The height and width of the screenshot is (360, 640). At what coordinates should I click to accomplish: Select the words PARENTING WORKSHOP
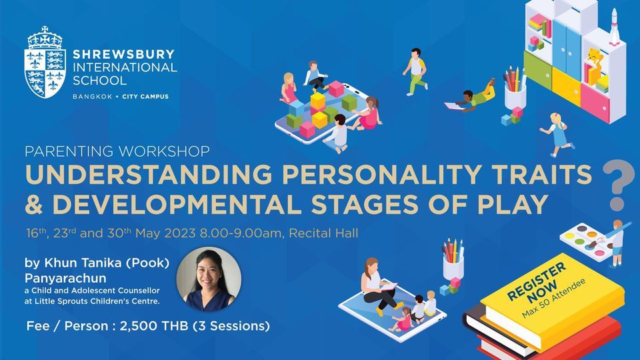tap(117, 151)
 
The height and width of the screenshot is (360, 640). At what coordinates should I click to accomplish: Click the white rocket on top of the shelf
tap(613, 27)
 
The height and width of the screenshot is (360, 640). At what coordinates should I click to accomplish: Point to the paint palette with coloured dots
tap(585, 236)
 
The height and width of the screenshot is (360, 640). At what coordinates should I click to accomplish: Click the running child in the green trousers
tap(416, 71)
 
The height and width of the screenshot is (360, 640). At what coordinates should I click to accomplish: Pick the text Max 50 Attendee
tap(550, 293)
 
